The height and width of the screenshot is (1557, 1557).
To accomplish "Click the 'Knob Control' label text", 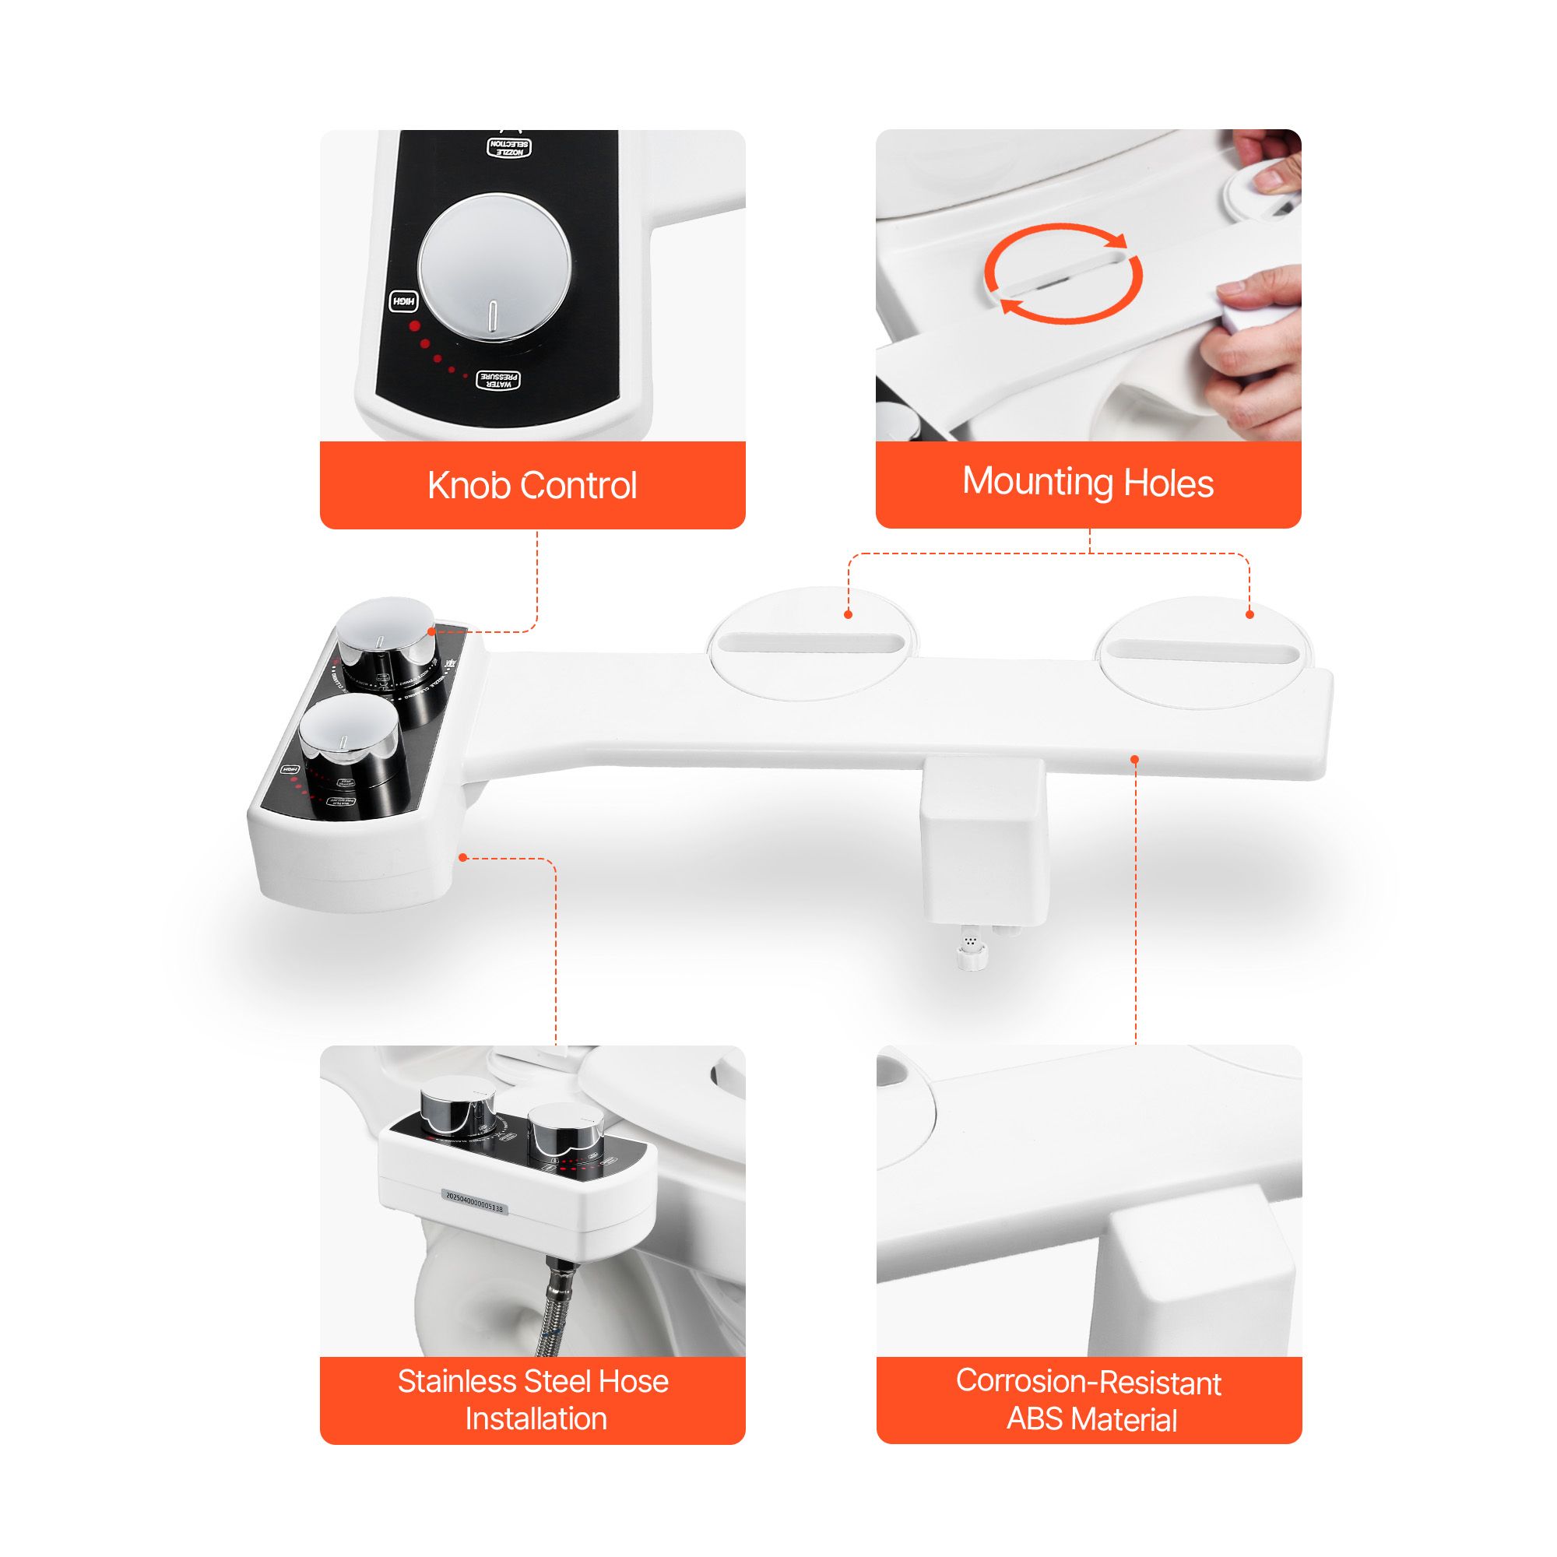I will click(x=532, y=485).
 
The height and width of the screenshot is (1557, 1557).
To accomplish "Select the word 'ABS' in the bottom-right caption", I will click(x=1035, y=1418).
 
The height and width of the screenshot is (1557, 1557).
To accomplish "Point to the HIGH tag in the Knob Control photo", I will click(x=404, y=302).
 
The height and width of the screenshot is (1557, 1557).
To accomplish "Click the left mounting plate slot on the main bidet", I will click(x=812, y=643).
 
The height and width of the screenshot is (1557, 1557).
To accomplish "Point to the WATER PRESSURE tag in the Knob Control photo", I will click(x=499, y=380).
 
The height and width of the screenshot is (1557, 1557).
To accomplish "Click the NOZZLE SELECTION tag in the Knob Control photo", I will click(x=509, y=146).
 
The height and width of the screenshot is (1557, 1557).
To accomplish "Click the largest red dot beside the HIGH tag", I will click(x=415, y=326).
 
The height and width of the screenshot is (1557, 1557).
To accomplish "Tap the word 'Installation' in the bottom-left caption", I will click(x=535, y=1418).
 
